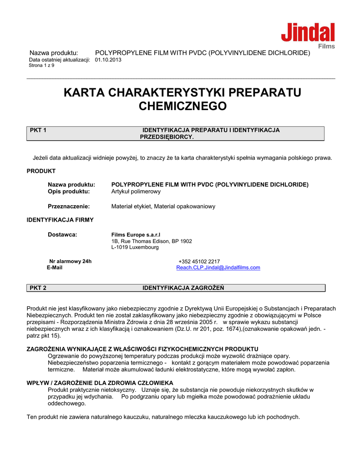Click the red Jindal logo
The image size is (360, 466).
[x=308, y=33]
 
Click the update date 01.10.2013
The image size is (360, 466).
[x=108, y=60]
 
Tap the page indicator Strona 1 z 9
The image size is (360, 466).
[x=41, y=66]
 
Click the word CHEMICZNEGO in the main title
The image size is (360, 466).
[x=182, y=106]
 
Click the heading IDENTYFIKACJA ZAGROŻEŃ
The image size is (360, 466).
[x=183, y=288]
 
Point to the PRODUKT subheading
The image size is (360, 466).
[x=41, y=171]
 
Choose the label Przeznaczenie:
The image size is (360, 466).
[x=69, y=206]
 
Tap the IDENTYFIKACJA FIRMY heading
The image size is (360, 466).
[x=60, y=220]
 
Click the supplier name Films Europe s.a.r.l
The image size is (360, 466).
[x=132, y=234]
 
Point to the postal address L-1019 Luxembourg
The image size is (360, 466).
[x=135, y=247]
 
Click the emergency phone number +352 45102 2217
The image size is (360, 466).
[x=199, y=261]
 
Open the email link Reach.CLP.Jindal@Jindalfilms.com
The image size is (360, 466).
[x=218, y=268]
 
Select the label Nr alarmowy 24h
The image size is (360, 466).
[x=70, y=261]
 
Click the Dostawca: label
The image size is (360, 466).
[x=62, y=234]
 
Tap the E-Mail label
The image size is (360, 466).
[x=55, y=268]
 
